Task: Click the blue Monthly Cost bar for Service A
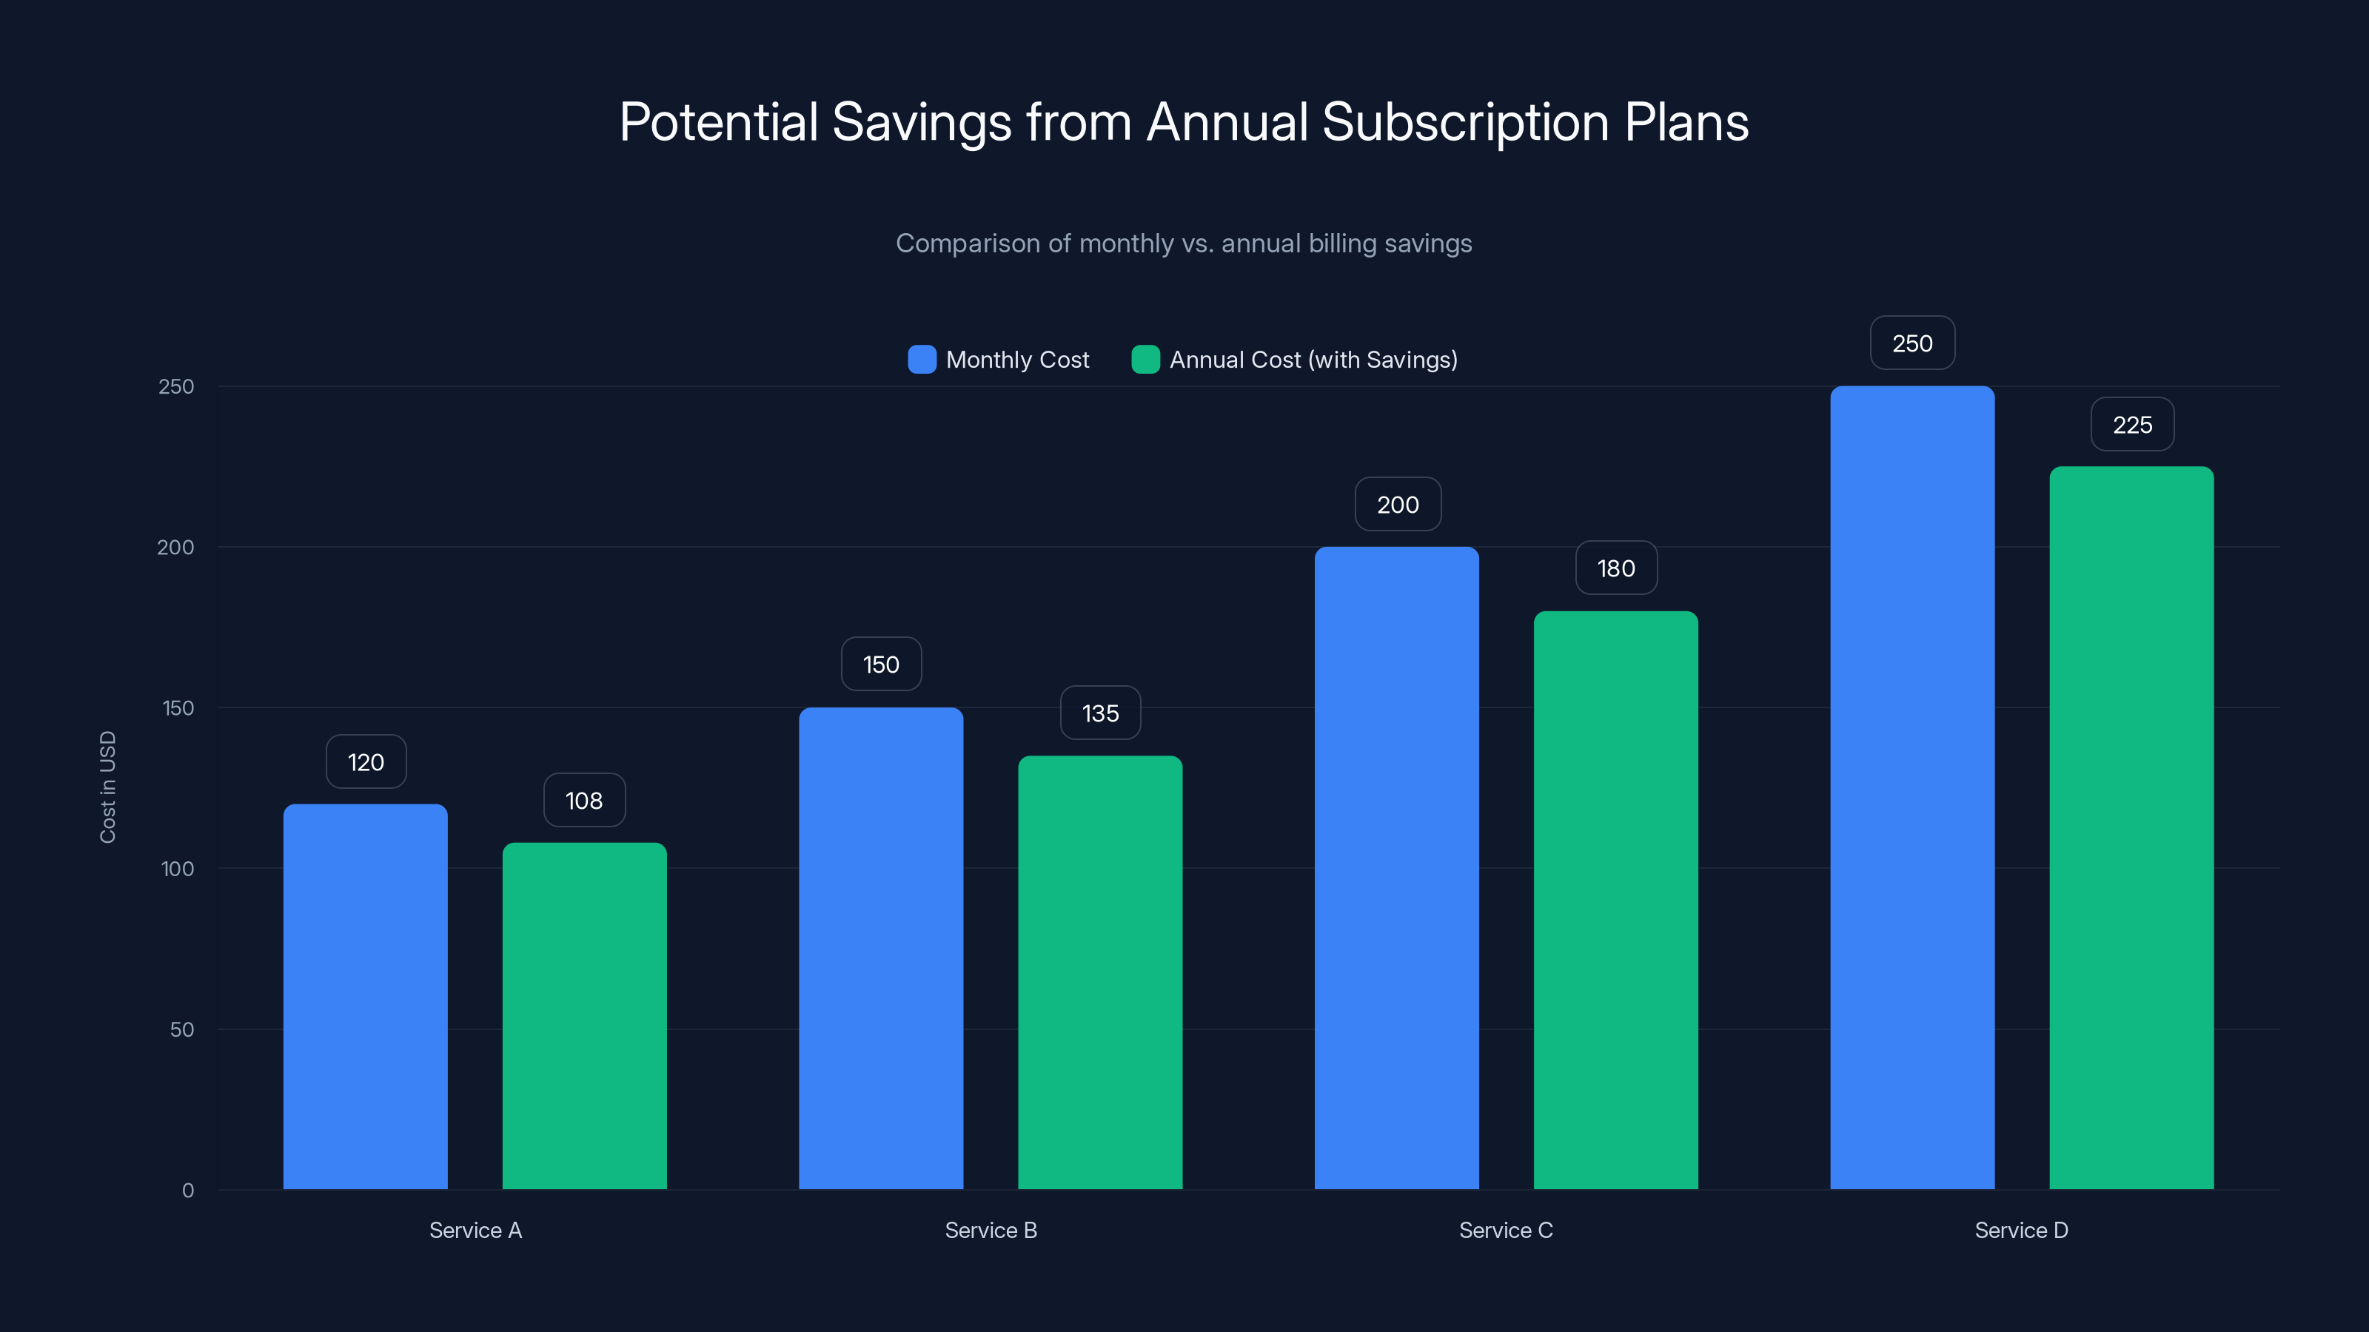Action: click(365, 997)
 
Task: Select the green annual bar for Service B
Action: click(1100, 972)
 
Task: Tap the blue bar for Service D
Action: click(1912, 788)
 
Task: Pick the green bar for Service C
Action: click(1616, 900)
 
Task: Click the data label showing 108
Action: click(584, 801)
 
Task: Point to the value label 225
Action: click(2132, 425)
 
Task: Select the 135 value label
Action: click(1100, 713)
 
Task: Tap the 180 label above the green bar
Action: click(1616, 568)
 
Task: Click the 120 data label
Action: click(365, 762)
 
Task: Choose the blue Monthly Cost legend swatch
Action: click(922, 360)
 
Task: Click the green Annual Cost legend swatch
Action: click(1145, 360)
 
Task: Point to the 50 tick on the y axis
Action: click(182, 1029)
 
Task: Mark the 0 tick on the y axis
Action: click(187, 1191)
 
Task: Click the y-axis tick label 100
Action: click(178, 869)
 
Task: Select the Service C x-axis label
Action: click(1506, 1230)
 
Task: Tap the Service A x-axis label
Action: click(475, 1230)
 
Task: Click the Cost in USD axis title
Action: click(107, 787)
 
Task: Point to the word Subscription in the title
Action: click(1465, 122)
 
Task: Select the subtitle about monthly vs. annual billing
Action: click(1184, 243)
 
